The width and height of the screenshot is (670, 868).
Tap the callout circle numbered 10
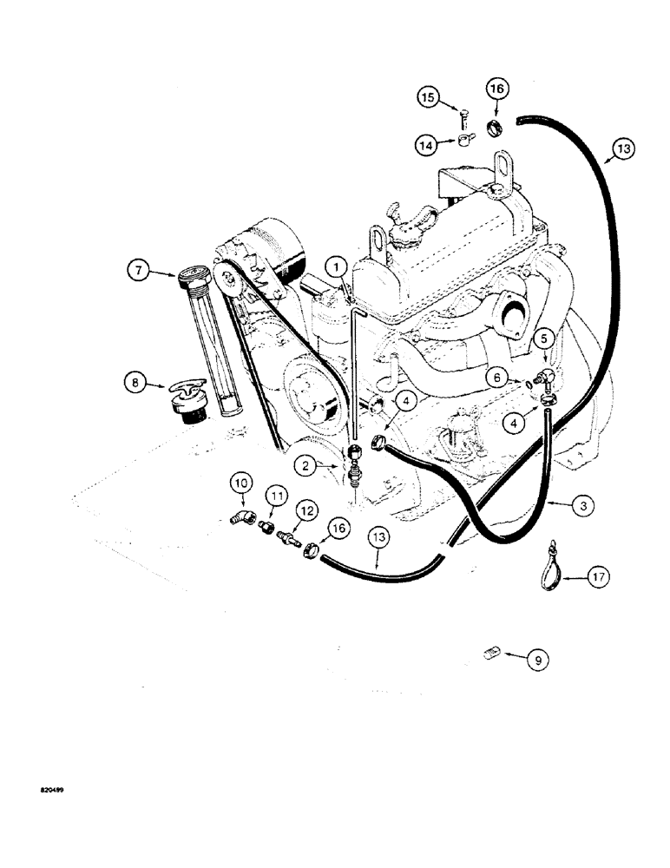pyautogui.click(x=240, y=483)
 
